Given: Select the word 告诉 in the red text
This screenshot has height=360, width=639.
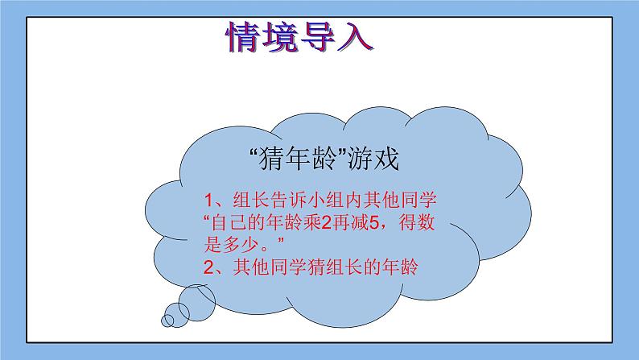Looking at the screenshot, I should [298, 200].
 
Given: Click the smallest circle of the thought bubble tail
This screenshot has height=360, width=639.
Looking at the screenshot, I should [168, 321].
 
